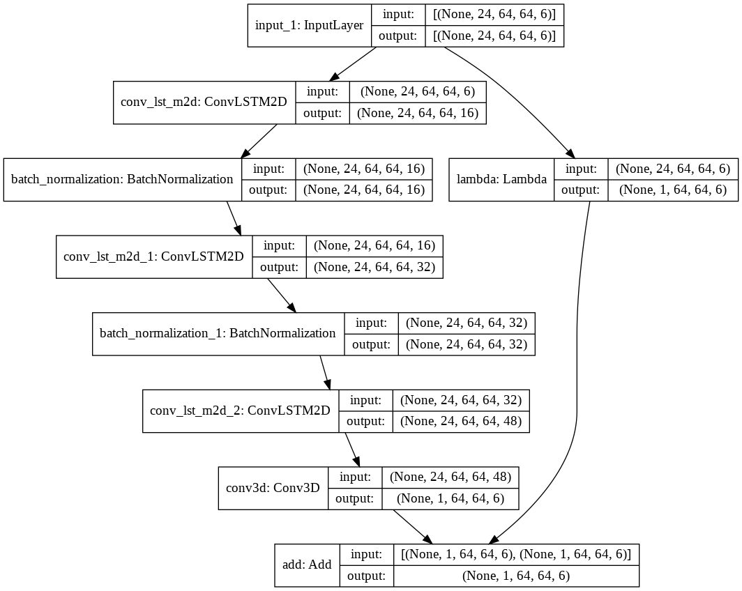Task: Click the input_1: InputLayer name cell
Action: (310, 26)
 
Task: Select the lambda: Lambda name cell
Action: (501, 180)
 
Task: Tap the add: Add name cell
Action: (308, 565)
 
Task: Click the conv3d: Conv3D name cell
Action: (273, 488)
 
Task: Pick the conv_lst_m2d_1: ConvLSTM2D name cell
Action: (154, 256)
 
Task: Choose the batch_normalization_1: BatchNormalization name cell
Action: (218, 333)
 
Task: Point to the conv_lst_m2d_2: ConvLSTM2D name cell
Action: (240, 410)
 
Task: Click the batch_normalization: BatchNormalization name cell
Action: (122, 179)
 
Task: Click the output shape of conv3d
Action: (450, 498)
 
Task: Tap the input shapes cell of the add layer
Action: (516, 555)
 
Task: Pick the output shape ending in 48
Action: (461, 421)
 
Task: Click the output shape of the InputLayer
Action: (494, 36)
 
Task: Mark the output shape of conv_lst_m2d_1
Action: (374, 267)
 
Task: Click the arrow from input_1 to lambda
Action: (516, 97)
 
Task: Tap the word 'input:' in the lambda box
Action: (580, 169)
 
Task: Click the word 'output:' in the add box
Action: (366, 576)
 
